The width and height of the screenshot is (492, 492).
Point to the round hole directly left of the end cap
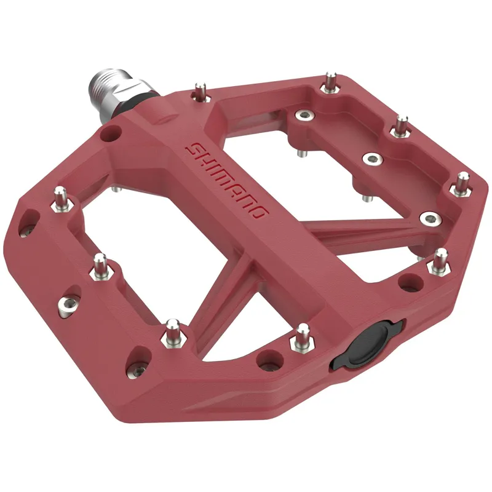(x=266, y=359)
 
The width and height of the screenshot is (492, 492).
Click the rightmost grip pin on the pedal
(x=462, y=183)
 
